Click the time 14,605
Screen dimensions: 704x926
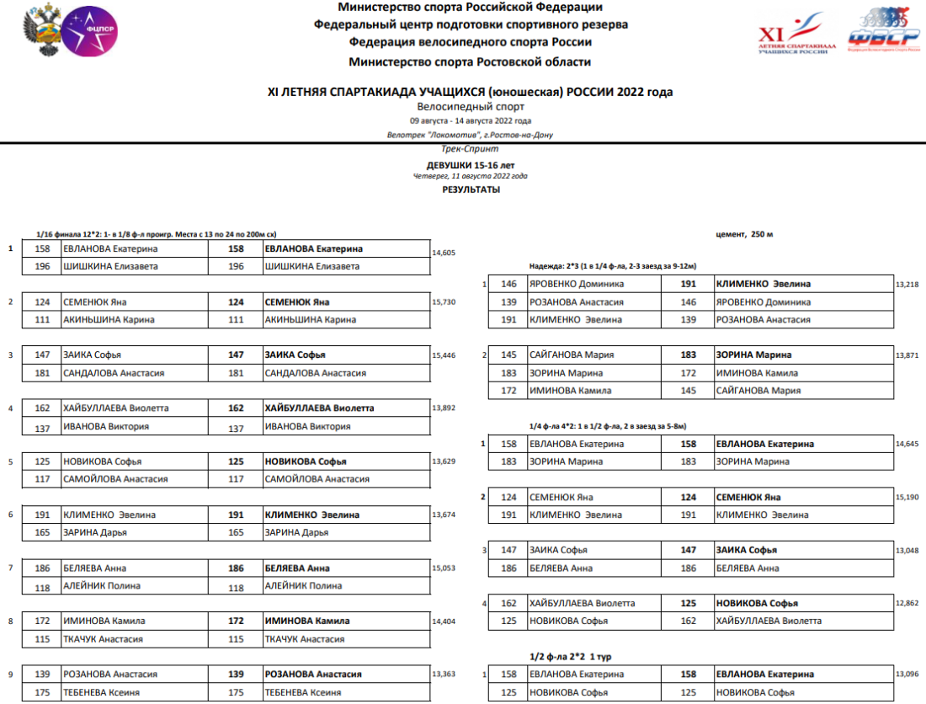coord(444,253)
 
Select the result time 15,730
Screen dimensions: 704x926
coord(444,302)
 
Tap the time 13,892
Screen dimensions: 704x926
coord(444,408)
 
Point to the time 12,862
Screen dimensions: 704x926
coord(907,604)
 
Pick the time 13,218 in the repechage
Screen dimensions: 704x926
coord(907,285)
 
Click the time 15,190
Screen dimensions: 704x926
coord(907,498)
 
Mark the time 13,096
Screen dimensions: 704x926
coord(907,675)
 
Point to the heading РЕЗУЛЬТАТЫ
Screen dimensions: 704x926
coord(471,190)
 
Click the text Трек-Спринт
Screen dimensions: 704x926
coord(470,148)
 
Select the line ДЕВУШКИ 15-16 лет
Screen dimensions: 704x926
coord(471,166)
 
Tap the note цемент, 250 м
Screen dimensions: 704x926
coord(743,233)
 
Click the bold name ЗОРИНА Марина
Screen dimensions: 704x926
coord(753,355)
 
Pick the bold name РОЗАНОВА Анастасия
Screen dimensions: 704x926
coord(313,675)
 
